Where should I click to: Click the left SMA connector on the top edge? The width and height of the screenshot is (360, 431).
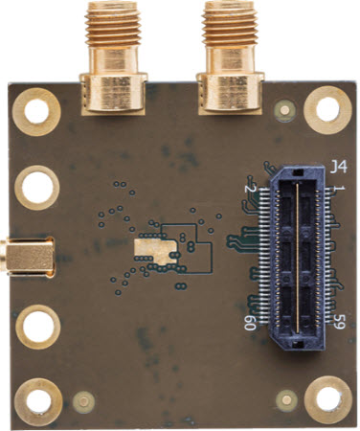point(114,57)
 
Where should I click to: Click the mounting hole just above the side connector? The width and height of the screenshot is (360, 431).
point(36,185)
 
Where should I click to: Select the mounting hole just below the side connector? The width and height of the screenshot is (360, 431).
point(36,327)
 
